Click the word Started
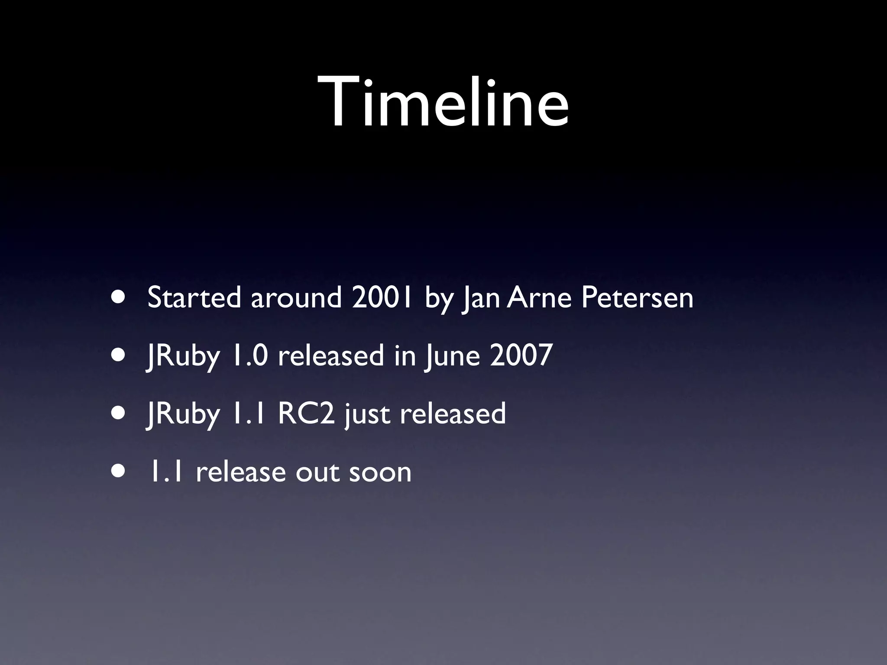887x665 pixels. click(194, 298)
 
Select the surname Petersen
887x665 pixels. click(637, 298)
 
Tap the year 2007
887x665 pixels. click(521, 355)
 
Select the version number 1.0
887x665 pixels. click(249, 355)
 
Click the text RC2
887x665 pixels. click(306, 413)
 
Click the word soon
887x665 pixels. click(380, 472)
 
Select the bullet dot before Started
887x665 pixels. click(118, 298)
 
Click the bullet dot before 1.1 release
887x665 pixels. click(118, 471)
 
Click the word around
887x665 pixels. click(296, 298)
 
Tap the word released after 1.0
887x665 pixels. click(330, 355)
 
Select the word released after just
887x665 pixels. click(453, 413)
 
